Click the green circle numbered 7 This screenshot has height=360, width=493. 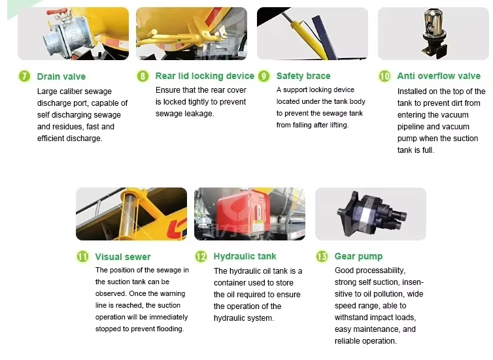24,76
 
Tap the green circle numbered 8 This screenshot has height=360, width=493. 143,76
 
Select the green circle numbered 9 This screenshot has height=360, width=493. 264,76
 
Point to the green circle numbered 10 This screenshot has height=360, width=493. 384,76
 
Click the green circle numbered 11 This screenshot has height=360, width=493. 82,256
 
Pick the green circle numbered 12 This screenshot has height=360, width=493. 201,256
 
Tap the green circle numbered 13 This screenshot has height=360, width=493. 322,256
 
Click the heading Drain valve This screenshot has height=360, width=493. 61,76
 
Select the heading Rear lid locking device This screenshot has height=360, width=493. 205,76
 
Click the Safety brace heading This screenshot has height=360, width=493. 303,76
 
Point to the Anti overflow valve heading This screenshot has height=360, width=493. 439,76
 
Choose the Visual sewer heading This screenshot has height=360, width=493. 123,257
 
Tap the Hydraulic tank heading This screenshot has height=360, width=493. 245,256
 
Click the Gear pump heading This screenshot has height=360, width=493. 358,257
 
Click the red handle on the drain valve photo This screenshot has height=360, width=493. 58,13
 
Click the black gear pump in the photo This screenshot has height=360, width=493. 371,214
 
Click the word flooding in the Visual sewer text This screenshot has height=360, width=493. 171,329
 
